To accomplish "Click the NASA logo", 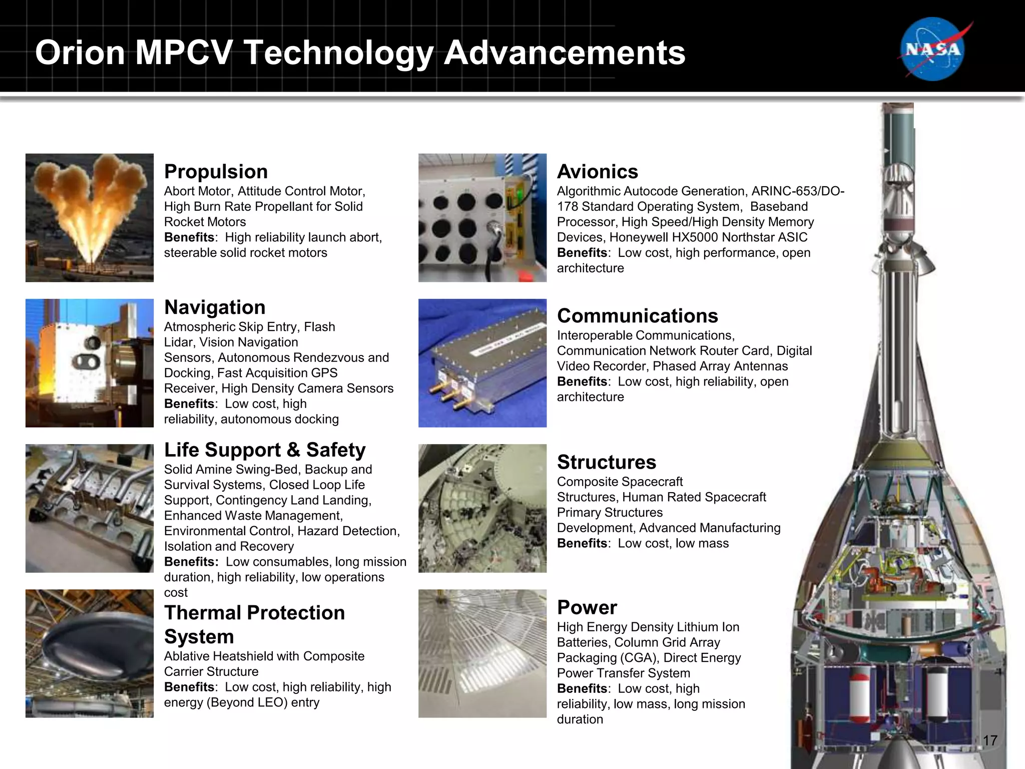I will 933,49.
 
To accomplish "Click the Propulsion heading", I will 216,172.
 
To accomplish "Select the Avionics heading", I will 597,172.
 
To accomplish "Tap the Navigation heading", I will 215,307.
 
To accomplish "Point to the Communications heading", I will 637,316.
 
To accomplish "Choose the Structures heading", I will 606,462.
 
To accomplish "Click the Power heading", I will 587,607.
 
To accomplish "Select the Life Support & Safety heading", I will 265,450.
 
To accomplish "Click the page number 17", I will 990,740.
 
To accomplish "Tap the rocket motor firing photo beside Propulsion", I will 90,218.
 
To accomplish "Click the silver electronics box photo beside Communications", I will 482,363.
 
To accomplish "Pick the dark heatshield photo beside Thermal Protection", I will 90,653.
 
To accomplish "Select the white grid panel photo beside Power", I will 482,653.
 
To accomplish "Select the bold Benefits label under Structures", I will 582,544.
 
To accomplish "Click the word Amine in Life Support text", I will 205,470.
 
